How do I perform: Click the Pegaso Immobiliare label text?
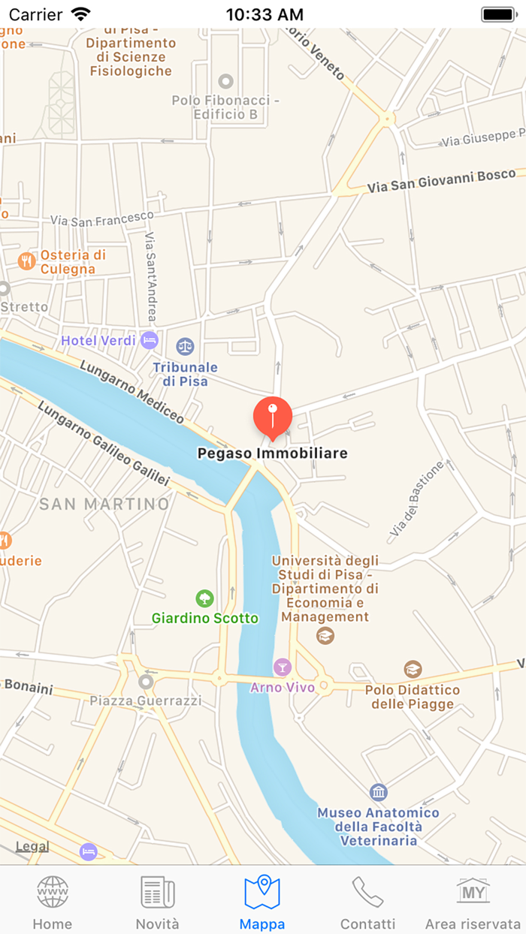click(x=272, y=453)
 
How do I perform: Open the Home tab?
click(x=53, y=902)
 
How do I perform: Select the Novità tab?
click(x=158, y=902)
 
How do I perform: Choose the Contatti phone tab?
click(x=367, y=902)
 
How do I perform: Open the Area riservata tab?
click(x=473, y=902)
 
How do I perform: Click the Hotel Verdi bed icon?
click(x=150, y=339)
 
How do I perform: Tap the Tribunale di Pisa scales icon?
click(x=185, y=346)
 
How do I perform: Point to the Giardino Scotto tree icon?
click(x=204, y=598)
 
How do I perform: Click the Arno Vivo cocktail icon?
click(x=282, y=666)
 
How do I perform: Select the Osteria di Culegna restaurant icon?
click(x=27, y=261)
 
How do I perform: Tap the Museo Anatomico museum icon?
click(x=379, y=792)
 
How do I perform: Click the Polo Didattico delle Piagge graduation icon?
click(x=413, y=669)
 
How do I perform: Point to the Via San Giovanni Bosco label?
click(x=442, y=182)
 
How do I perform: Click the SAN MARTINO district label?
click(x=104, y=504)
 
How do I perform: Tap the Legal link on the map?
click(x=32, y=846)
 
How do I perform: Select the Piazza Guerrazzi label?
click(x=146, y=700)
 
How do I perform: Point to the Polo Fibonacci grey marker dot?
click(x=225, y=81)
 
